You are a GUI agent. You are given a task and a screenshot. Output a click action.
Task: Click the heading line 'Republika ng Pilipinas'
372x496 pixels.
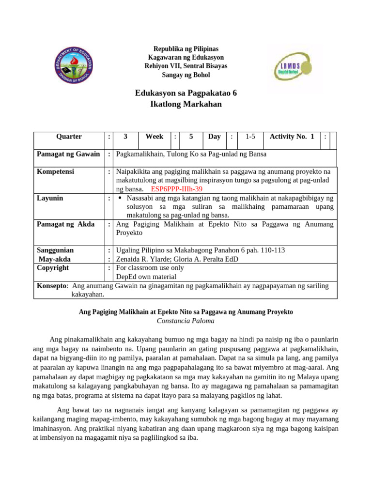[186, 49]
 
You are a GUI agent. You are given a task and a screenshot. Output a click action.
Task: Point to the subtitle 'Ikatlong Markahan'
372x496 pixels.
[186, 104]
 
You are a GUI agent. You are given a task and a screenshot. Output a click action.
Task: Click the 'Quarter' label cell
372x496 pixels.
[69, 137]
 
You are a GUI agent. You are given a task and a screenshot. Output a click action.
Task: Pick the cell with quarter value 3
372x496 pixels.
[125, 137]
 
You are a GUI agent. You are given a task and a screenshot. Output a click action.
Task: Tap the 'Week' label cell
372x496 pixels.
[155, 137]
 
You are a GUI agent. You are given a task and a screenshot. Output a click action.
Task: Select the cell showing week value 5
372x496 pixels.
[191, 137]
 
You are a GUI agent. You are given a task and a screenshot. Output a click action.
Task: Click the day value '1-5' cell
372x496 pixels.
[250, 137]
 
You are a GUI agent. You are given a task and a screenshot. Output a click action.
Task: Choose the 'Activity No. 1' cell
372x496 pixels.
[292, 137]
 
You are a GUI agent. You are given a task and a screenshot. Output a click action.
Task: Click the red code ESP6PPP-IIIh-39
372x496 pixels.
[177, 189]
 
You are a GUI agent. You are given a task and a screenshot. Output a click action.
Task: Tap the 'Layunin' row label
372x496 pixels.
[50, 198]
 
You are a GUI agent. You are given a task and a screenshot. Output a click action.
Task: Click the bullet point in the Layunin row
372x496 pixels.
[120, 199]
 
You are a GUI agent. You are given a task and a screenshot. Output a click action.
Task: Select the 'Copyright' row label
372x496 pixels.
[53, 268]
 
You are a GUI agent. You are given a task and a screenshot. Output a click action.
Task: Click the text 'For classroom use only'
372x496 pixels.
[150, 268]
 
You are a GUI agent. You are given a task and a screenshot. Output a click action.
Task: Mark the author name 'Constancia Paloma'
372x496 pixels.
[186, 321]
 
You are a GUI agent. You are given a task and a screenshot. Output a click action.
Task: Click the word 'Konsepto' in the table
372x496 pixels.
[51, 286]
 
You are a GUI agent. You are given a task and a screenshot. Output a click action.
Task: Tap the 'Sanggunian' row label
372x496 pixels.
[56, 250]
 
